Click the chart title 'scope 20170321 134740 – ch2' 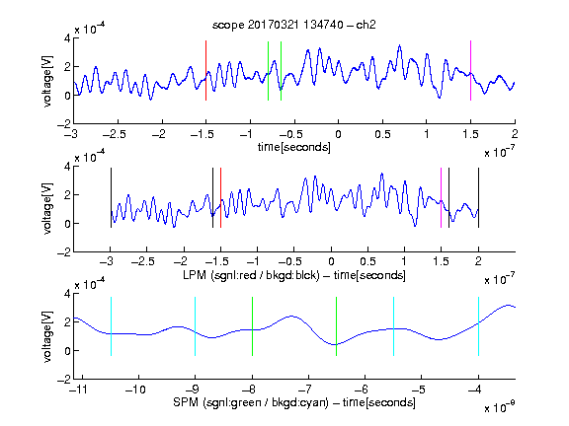coord(294,25)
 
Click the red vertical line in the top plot coord(205,70)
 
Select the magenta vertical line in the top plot coord(470,70)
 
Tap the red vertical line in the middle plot coord(220,198)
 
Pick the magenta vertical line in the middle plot coord(441,198)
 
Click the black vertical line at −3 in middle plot coord(111,198)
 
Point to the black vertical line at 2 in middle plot coord(478,198)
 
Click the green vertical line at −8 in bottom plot coord(252,326)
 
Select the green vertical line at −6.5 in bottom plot coord(337,326)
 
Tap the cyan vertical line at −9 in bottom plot coord(195,326)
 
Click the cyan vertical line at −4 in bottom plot coord(478,326)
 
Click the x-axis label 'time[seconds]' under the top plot coord(294,147)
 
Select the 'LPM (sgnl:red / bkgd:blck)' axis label coord(251,275)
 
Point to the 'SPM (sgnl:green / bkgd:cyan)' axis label coord(251,402)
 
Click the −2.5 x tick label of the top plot coord(114,134)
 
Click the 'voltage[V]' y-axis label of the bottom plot coord(47,336)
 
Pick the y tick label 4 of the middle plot coord(67,167)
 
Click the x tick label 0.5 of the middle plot coord(367,261)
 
